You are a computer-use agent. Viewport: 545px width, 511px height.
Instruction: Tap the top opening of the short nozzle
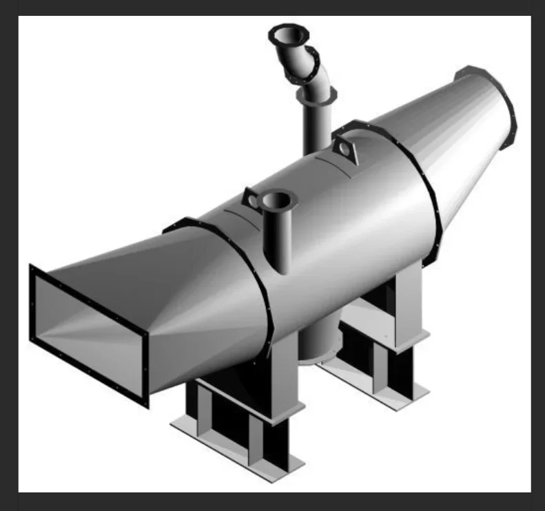277,200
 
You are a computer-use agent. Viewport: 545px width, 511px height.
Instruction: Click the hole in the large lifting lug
342,148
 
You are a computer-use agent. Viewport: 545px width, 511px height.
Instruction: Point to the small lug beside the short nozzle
251,199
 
